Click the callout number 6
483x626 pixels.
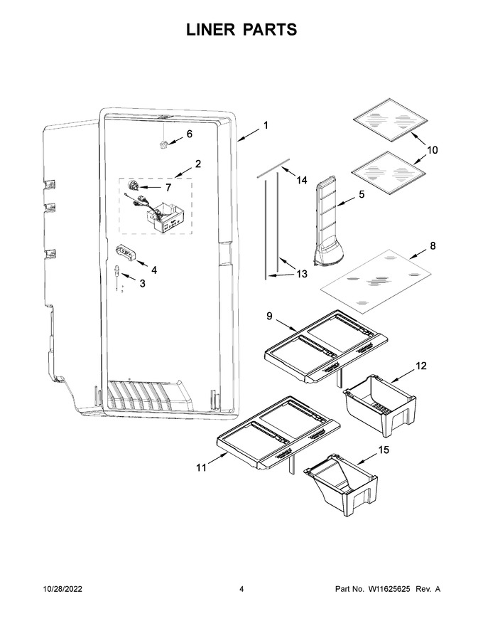coord(190,134)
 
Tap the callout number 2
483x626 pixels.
coord(197,164)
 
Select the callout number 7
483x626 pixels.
coord(168,187)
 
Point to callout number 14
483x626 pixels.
coord(302,181)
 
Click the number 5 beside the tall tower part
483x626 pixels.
coord(362,194)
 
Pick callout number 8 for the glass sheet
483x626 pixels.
coord(433,246)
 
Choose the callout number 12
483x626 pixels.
coord(420,366)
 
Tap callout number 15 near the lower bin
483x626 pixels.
coord(384,450)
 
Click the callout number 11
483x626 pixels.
coord(201,467)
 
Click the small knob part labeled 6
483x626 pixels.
coord(163,144)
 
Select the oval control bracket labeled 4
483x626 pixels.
coord(126,253)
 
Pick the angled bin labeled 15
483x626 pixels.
coord(340,484)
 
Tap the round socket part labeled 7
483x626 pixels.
coord(132,186)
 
